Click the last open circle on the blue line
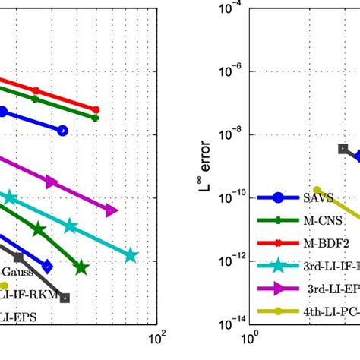point(63,131)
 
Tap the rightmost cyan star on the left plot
point(131,256)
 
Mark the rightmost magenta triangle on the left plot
point(112,210)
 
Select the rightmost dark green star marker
point(81,267)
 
